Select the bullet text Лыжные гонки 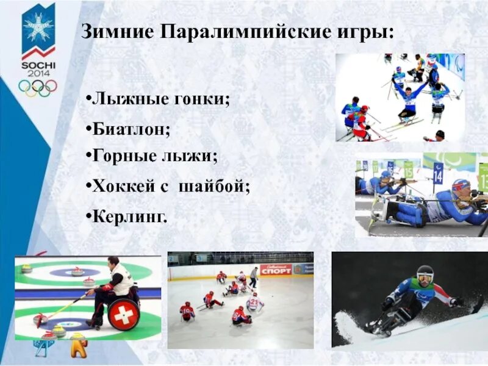pyautogui.click(x=160, y=99)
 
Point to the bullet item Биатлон pyautogui.click(x=131, y=129)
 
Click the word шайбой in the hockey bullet pyautogui.click(x=213, y=187)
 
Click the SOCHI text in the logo pyautogui.click(x=38, y=65)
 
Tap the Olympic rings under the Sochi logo pyautogui.click(x=38, y=87)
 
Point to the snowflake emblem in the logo pyautogui.click(x=38, y=27)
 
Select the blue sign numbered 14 pyautogui.click(x=438, y=173)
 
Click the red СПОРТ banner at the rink pyautogui.click(x=276, y=269)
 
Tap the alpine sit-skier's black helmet pyautogui.click(x=425, y=274)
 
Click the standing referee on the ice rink pyautogui.click(x=253, y=277)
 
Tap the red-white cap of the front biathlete pyautogui.click(x=461, y=185)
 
